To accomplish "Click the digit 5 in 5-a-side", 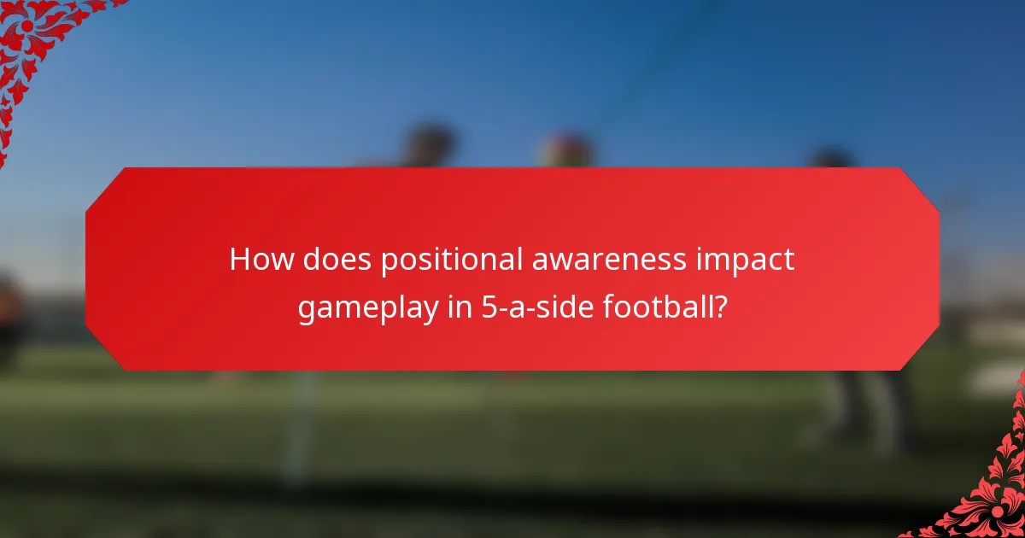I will coord(486,307).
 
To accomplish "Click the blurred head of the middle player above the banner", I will coord(565,149).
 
